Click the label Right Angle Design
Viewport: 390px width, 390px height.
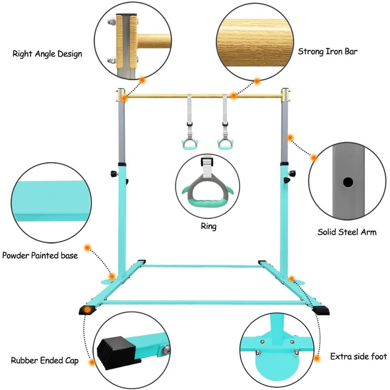[47, 54]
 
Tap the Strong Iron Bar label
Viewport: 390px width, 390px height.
[328, 52]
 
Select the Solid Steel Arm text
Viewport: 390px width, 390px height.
[347, 232]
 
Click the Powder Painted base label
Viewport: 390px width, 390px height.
[40, 256]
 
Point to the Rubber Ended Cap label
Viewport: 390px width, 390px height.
[45, 360]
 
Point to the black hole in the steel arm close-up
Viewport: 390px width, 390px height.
[348, 182]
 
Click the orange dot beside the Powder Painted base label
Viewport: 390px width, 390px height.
[87, 247]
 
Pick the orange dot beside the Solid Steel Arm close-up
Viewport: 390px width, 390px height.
[314, 158]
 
